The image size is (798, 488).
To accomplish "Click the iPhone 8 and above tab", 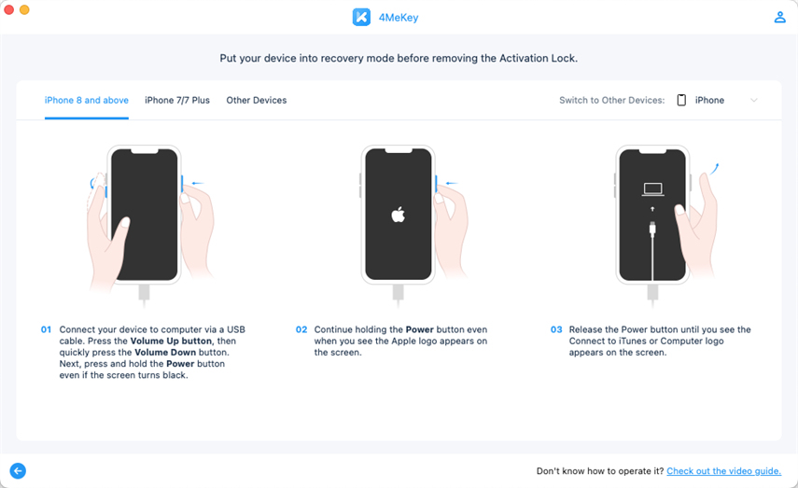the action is pyautogui.click(x=87, y=100).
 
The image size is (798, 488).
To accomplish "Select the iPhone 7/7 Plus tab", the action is pyautogui.click(x=177, y=100).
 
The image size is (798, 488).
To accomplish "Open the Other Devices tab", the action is pyautogui.click(x=257, y=100).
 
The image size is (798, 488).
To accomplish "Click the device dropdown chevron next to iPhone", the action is pyautogui.click(x=754, y=100).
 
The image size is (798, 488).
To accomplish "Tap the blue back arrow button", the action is pyautogui.click(x=18, y=470).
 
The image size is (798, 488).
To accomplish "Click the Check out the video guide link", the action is pyautogui.click(x=723, y=471).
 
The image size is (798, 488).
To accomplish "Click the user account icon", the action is pyautogui.click(x=779, y=18).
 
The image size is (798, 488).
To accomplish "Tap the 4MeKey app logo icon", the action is pyautogui.click(x=361, y=18).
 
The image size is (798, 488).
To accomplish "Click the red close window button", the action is pyautogui.click(x=8, y=9).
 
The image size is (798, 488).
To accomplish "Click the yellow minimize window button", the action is pyautogui.click(x=24, y=9).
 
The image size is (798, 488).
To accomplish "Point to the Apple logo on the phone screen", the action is pyautogui.click(x=398, y=215).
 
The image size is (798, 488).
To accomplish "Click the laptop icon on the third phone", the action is pyautogui.click(x=652, y=189).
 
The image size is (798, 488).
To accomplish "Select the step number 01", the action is pyautogui.click(x=46, y=329).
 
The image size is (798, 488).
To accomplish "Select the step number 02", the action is pyautogui.click(x=301, y=329).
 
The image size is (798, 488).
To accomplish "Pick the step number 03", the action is pyautogui.click(x=556, y=329).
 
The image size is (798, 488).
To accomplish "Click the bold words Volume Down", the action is pyautogui.click(x=165, y=352).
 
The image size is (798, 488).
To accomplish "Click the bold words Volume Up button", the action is pyautogui.click(x=171, y=341).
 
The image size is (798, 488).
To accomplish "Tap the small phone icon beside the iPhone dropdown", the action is pyautogui.click(x=681, y=100).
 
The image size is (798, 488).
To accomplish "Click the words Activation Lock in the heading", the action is pyautogui.click(x=538, y=59).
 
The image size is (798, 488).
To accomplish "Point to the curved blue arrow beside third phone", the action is pyautogui.click(x=715, y=169).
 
